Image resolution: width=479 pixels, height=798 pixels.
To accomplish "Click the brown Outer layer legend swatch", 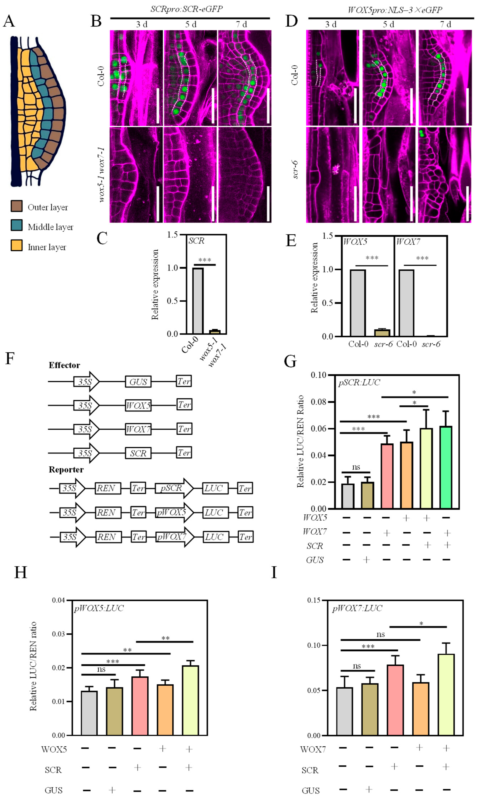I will pos(16,206).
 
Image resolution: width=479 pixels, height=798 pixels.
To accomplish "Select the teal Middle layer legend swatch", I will pos(16,225).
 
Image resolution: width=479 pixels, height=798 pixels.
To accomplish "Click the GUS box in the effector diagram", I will pos(138,382).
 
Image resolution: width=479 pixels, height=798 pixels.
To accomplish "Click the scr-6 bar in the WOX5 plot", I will pos(382,333).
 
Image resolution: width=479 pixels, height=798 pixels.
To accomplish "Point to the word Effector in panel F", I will pos(64,365).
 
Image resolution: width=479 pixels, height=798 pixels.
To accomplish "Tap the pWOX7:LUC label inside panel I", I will pos(357,608).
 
